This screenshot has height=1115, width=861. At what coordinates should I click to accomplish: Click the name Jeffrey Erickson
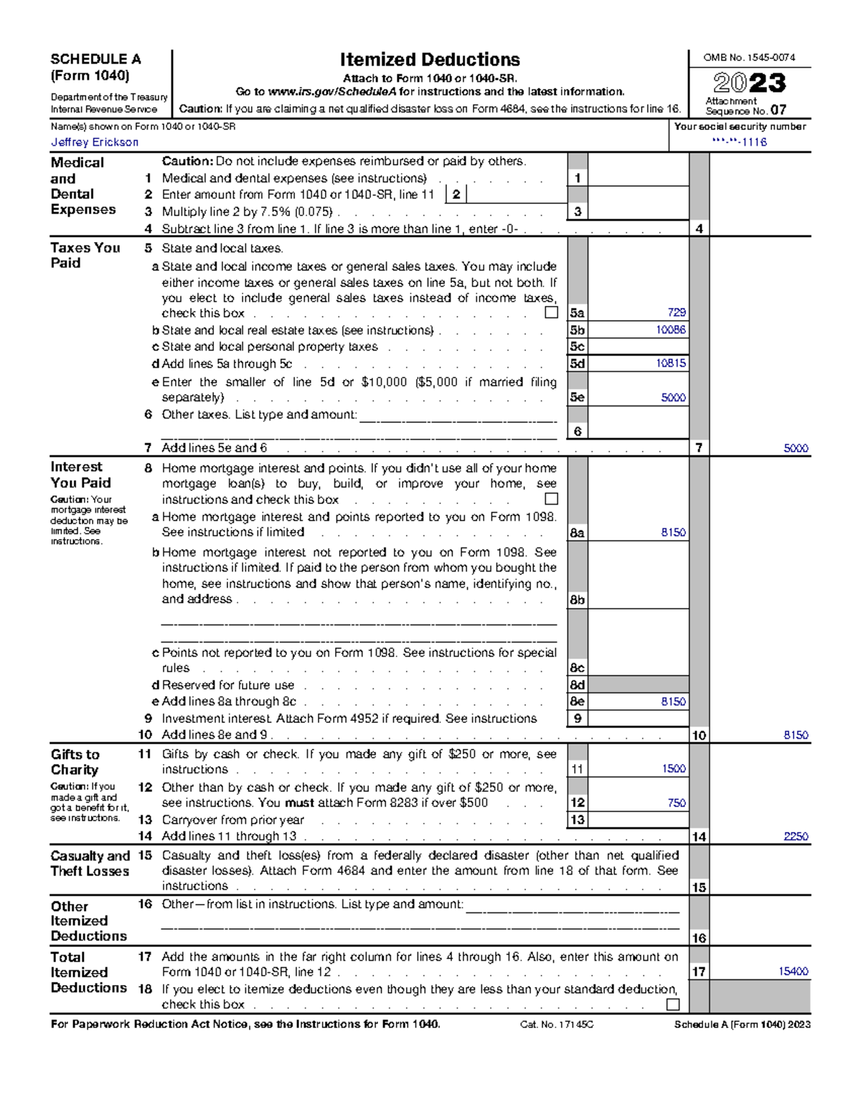pyautogui.click(x=94, y=142)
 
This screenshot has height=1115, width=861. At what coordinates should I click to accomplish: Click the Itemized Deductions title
pyautogui.click(x=430, y=60)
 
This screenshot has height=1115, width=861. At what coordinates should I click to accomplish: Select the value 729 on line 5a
pyautogui.click(x=676, y=313)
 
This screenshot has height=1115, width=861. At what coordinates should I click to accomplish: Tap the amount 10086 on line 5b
pyautogui.click(x=670, y=330)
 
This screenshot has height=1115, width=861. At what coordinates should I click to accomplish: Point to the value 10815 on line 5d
pyautogui.click(x=670, y=363)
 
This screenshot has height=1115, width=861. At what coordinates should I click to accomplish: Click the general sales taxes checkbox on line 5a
pyautogui.click(x=551, y=312)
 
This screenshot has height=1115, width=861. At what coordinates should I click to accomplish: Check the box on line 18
pyautogui.click(x=672, y=1004)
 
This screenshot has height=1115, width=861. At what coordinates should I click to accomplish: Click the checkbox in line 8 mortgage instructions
pyautogui.click(x=551, y=498)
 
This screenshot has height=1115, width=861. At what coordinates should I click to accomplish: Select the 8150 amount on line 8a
pyautogui.click(x=673, y=533)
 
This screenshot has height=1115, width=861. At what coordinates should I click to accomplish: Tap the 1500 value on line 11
pyautogui.click(x=673, y=769)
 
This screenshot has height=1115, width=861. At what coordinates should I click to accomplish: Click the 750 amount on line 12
pyautogui.click(x=676, y=803)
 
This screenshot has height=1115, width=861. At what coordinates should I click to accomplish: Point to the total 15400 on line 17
pyautogui.click(x=793, y=971)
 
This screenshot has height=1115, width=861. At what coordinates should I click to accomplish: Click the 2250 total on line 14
pyautogui.click(x=795, y=836)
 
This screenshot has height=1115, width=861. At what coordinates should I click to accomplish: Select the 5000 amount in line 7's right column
pyautogui.click(x=795, y=448)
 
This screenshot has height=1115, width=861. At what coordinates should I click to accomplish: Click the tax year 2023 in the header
pyautogui.click(x=749, y=83)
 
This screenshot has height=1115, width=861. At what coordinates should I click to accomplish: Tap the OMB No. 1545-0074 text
pyautogui.click(x=748, y=57)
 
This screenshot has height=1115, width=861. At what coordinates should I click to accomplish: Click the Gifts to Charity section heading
pyautogui.click(x=75, y=762)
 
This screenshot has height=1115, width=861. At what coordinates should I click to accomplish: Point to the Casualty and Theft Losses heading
pyautogui.click(x=90, y=863)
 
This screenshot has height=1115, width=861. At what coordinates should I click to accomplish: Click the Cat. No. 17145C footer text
pyautogui.click(x=556, y=1025)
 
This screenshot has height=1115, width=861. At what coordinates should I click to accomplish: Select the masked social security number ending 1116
pyautogui.click(x=739, y=142)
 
